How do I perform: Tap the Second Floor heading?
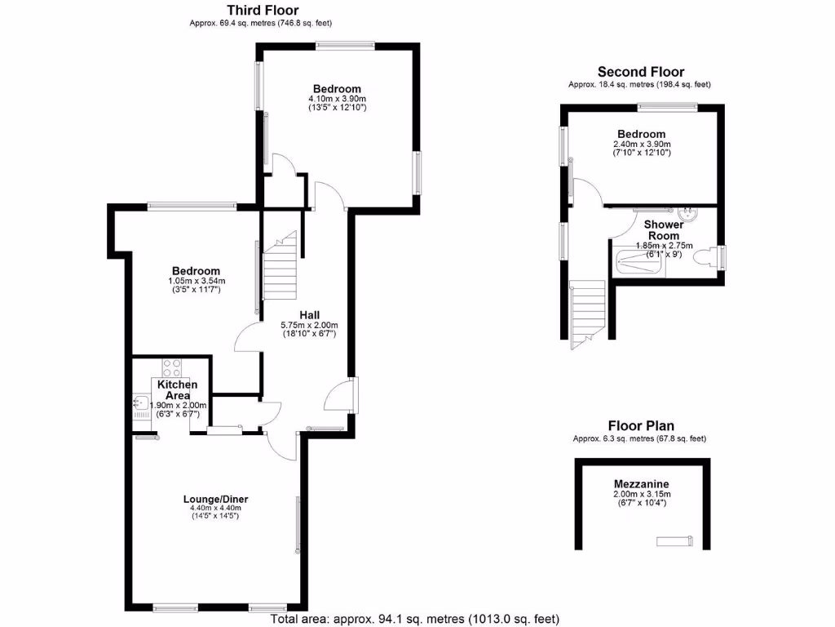[x=640, y=72]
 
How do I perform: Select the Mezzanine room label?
[x=641, y=484]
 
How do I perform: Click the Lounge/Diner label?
[x=215, y=500]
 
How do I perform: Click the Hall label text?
[x=309, y=315]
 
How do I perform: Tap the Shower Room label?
[x=663, y=229]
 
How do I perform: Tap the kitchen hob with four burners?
[x=171, y=367]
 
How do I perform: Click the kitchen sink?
[x=140, y=402]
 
